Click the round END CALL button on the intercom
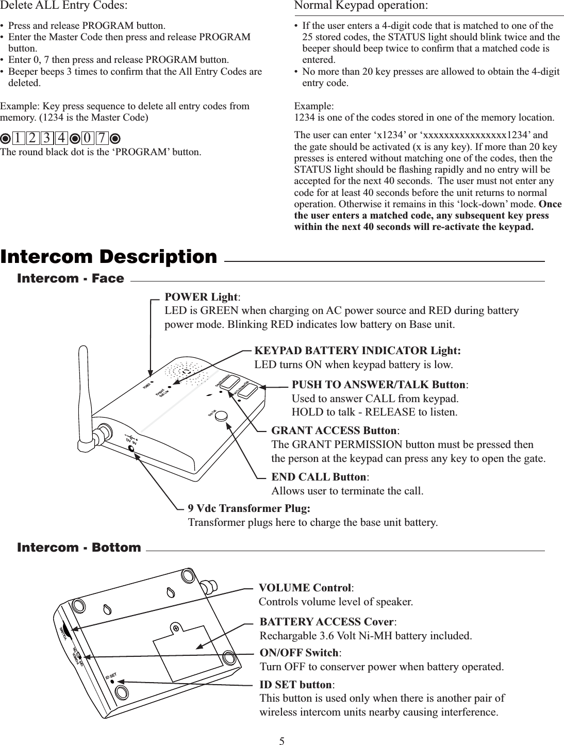click(x=222, y=416)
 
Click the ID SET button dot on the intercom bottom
click(x=112, y=682)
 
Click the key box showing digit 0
click(x=88, y=139)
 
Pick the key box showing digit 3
click(x=46, y=139)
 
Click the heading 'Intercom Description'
click(x=109, y=256)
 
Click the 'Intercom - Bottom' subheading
click(x=79, y=547)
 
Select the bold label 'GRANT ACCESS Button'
click(x=335, y=431)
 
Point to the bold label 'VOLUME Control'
click(x=305, y=588)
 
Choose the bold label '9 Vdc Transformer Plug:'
click(x=249, y=508)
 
